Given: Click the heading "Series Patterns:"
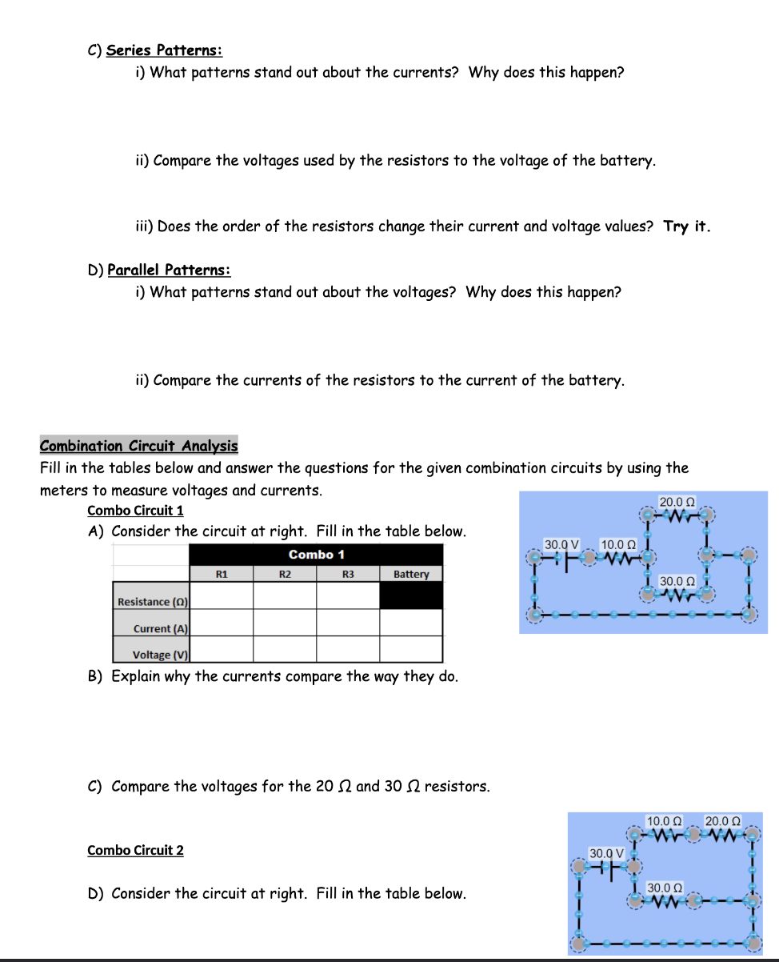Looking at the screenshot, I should tap(164, 50).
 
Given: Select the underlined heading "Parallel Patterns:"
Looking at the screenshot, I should tap(169, 270).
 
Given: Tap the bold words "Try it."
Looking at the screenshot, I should tap(686, 226).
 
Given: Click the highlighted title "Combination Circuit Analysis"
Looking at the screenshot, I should tap(138, 446).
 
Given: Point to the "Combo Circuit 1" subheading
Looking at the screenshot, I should tap(135, 510).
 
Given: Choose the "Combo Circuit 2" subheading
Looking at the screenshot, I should tap(135, 850).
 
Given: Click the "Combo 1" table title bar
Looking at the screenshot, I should tap(316, 555).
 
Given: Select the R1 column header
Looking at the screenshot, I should tap(222, 574).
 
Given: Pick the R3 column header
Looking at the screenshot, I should tap(348, 574).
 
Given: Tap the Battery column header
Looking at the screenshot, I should tap(411, 574).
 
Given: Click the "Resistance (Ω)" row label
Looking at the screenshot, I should tap(151, 601).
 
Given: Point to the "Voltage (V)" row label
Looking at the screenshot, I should tap(160, 654).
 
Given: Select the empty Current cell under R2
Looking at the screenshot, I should tap(285, 622).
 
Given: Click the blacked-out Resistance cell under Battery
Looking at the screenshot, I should tap(411, 595).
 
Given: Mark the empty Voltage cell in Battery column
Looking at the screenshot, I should tap(411, 648).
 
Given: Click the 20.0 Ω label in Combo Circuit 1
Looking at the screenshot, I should tap(677, 502).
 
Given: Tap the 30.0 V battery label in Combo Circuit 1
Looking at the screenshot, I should tap(561, 544).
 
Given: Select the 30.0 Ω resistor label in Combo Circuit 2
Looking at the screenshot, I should tap(665, 888).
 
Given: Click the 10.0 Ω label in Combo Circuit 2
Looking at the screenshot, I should tap(664, 821).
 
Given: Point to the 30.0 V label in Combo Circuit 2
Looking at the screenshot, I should tap(606, 853).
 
